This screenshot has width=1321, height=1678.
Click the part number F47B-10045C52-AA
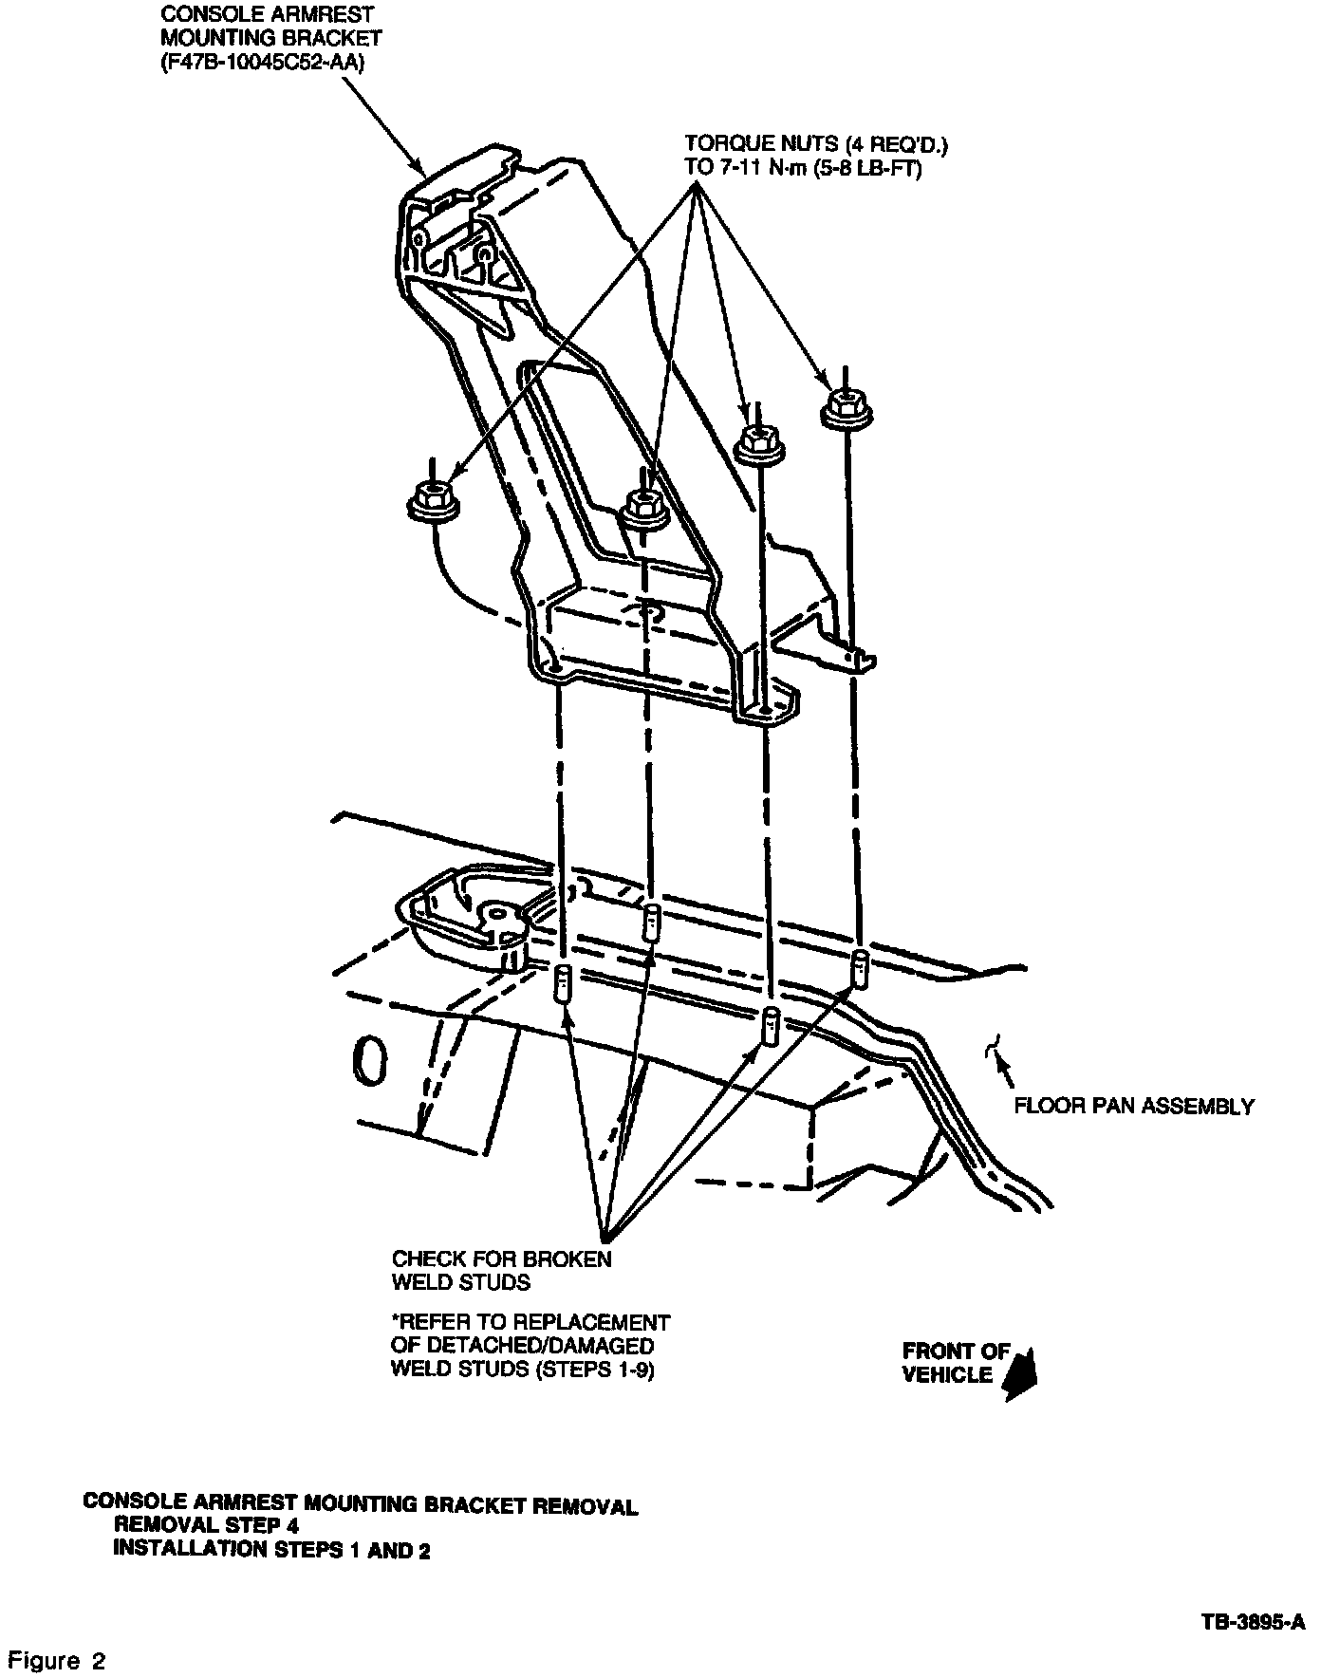click(x=263, y=64)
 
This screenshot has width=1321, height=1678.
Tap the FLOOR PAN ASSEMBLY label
click(x=1134, y=1106)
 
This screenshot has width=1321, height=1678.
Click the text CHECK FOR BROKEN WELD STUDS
click(x=502, y=1271)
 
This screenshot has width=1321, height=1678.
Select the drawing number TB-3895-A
click(x=1253, y=1624)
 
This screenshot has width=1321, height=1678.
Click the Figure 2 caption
click(x=57, y=1661)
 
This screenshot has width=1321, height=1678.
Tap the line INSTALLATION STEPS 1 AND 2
click(x=271, y=1550)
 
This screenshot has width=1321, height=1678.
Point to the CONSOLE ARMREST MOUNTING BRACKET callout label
click(x=270, y=27)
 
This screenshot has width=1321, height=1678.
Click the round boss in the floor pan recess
click(x=495, y=913)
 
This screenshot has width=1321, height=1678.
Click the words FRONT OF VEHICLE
click(x=954, y=1363)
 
